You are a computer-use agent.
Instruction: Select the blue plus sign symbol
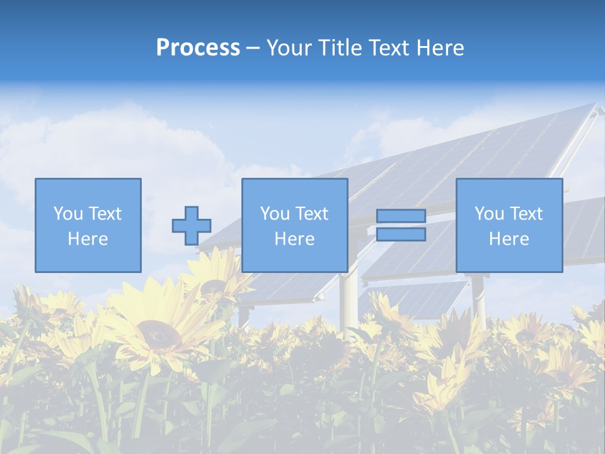point(192,226)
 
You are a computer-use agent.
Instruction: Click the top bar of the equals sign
point(401,216)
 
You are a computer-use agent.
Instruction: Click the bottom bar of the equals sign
point(401,235)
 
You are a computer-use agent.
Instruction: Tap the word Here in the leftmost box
point(88,239)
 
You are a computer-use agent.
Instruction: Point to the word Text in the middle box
point(312,214)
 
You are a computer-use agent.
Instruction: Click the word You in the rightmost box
point(489,214)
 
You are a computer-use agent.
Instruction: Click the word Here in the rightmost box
point(509,239)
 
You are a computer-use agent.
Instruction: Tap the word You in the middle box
point(275,214)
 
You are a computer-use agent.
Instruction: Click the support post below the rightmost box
point(479,296)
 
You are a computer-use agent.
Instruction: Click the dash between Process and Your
point(253,49)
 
